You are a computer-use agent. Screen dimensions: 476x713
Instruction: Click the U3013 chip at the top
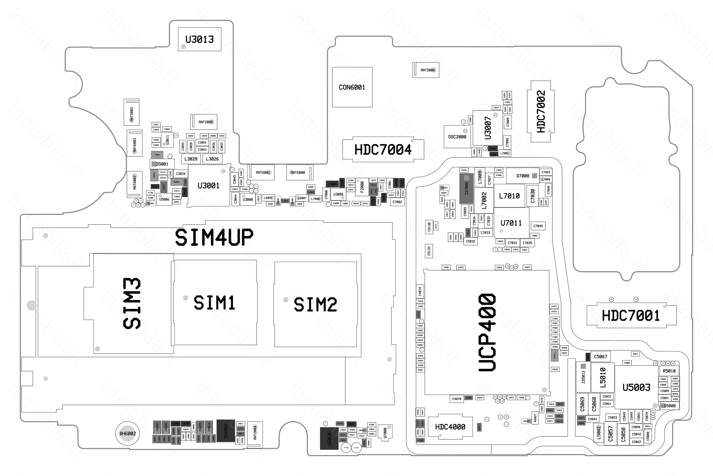tap(199, 39)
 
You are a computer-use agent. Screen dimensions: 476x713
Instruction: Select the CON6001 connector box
tap(352, 87)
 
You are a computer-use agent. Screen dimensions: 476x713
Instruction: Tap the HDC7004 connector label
tap(383, 149)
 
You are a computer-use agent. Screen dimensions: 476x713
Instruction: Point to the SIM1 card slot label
tap(214, 303)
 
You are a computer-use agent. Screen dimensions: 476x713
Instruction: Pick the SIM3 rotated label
tap(132, 304)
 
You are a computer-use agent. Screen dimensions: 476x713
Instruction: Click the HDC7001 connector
tap(631, 316)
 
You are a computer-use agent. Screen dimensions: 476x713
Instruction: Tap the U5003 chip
tap(636, 387)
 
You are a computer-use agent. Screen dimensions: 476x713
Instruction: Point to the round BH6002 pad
tap(128, 433)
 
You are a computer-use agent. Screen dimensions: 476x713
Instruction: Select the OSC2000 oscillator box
tap(457, 137)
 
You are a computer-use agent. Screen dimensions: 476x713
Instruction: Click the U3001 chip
tap(208, 186)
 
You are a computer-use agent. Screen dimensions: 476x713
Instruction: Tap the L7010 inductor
tap(509, 196)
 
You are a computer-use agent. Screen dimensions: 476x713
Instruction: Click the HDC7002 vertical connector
tap(541, 111)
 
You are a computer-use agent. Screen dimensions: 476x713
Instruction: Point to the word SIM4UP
tap(214, 237)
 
